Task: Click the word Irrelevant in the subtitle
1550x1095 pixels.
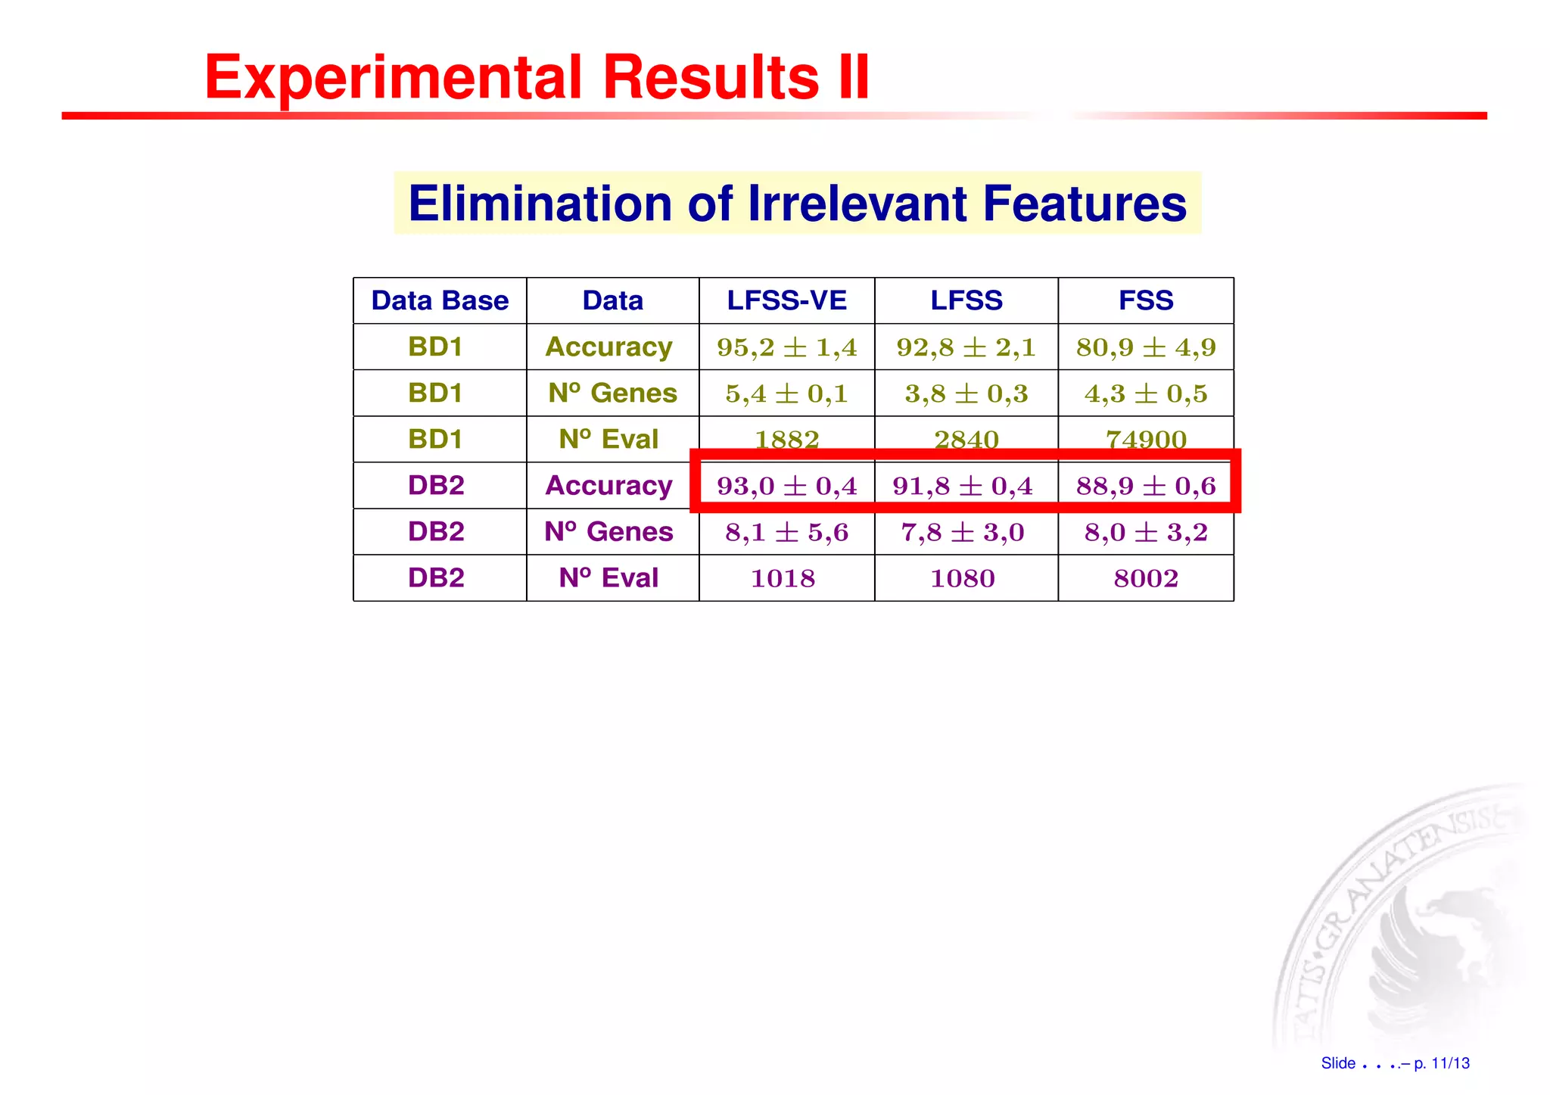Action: (x=857, y=204)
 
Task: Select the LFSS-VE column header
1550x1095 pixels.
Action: (x=786, y=300)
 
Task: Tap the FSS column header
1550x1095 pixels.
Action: (x=1146, y=300)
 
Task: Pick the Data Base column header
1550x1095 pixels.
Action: (x=440, y=300)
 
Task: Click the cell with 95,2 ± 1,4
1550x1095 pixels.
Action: (x=786, y=347)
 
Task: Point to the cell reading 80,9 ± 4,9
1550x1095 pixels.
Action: (x=1146, y=347)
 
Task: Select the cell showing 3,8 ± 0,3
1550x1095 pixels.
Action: (x=966, y=394)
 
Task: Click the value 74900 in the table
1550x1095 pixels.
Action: (x=1146, y=439)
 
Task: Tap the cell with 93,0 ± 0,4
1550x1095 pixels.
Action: (x=786, y=486)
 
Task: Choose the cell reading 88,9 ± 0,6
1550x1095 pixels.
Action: (x=1146, y=486)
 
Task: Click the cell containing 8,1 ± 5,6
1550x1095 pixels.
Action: (x=786, y=532)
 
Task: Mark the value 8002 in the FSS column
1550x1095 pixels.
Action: (x=1146, y=578)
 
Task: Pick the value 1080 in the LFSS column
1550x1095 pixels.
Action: (x=962, y=578)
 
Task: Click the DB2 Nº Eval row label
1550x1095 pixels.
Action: (x=608, y=578)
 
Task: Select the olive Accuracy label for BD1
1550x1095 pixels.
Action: (x=608, y=347)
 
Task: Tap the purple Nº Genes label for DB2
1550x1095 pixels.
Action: (x=608, y=532)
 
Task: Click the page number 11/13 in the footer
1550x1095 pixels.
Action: (x=1450, y=1063)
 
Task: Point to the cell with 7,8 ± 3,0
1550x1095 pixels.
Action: (x=962, y=532)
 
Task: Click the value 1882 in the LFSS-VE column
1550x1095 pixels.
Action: (x=786, y=439)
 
